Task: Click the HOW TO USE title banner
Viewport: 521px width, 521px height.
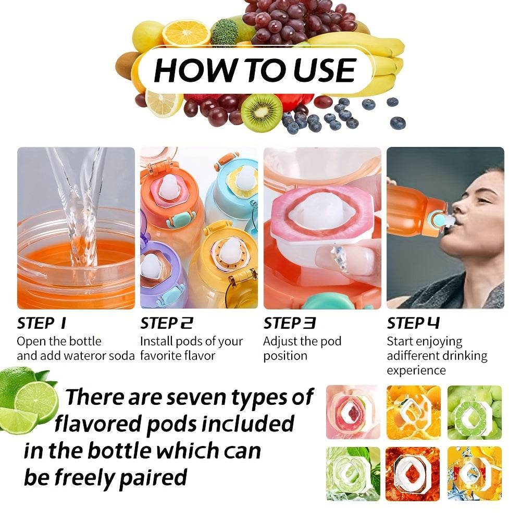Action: click(255, 70)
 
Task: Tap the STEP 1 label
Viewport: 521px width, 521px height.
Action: click(42, 324)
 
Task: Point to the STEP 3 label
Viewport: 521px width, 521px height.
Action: click(290, 324)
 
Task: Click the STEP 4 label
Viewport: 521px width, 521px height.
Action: click(413, 324)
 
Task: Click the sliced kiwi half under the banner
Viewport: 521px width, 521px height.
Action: click(261, 112)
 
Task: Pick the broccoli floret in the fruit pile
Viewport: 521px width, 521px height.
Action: click(225, 31)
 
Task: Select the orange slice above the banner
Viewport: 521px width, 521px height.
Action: click(186, 32)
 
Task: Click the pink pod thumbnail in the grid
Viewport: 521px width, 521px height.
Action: click(353, 412)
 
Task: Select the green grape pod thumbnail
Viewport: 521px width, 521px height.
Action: click(474, 412)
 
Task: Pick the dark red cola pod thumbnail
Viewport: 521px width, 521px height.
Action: click(413, 474)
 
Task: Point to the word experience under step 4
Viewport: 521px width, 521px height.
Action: click(416, 370)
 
